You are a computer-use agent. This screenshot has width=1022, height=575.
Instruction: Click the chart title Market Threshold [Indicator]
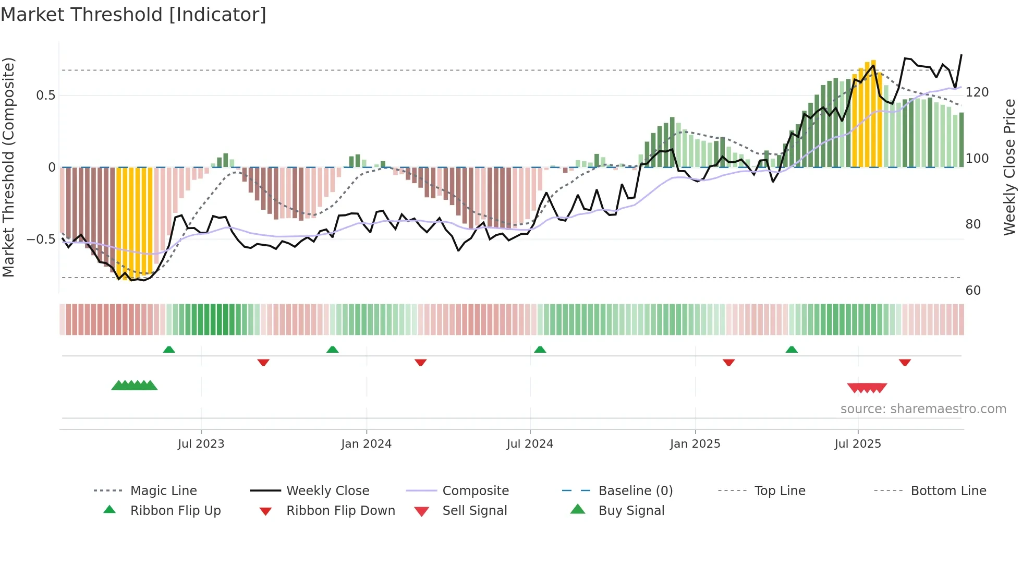133,15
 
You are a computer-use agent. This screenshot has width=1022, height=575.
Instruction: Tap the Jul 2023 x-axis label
201,444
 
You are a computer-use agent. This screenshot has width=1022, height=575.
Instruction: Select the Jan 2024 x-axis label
366,444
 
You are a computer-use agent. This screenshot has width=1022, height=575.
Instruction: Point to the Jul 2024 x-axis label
530,444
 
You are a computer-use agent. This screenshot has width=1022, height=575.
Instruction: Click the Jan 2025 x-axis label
695,444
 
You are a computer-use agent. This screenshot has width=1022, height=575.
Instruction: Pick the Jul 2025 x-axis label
858,444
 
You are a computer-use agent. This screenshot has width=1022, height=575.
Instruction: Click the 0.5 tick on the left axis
45,95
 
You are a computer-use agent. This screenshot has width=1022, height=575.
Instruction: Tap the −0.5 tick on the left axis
41,239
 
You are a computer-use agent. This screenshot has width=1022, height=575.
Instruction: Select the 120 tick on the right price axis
977,92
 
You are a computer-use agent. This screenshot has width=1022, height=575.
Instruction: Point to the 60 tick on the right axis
973,291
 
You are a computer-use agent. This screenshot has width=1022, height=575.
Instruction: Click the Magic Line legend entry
163,491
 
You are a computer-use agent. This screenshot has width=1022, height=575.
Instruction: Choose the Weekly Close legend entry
327,491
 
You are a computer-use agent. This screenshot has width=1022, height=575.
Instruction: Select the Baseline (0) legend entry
635,491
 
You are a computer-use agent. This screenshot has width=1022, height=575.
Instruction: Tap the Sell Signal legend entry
474,511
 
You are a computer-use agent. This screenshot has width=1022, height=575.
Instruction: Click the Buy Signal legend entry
631,511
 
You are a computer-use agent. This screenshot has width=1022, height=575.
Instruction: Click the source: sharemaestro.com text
923,409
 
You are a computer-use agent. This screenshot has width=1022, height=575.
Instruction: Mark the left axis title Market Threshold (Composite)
8,167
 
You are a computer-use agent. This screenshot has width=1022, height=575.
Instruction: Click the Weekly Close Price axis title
1009,167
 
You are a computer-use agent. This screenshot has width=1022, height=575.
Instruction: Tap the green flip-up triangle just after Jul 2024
540,350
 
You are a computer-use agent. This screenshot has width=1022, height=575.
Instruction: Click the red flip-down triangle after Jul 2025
905,362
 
